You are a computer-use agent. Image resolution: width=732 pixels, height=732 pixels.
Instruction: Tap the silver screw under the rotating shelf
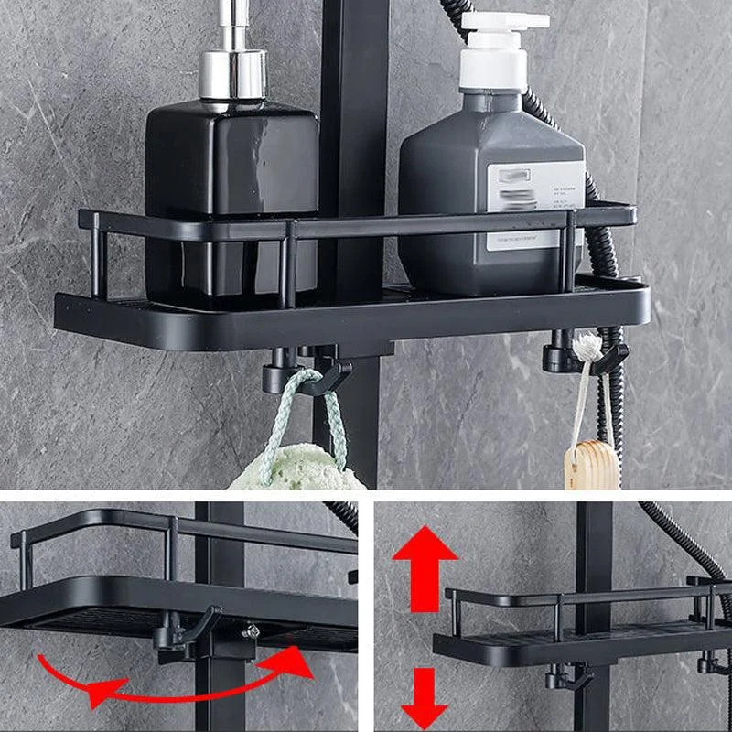[251, 631]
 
